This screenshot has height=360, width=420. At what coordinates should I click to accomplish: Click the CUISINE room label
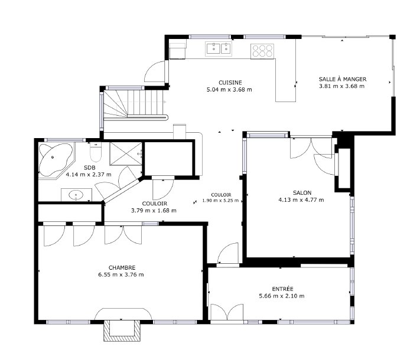pyautogui.click(x=229, y=83)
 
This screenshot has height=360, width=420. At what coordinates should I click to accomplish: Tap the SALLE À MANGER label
pyautogui.click(x=341, y=78)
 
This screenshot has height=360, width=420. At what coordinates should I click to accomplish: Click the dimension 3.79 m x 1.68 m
pyautogui.click(x=153, y=210)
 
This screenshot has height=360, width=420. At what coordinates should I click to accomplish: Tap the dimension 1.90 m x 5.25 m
pyautogui.click(x=220, y=200)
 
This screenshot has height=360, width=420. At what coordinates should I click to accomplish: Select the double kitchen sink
pyautogui.click(x=218, y=48)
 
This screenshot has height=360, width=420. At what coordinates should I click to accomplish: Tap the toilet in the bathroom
pyautogui.click(x=98, y=153)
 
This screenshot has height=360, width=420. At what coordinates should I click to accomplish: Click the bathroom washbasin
pyautogui.click(x=76, y=194)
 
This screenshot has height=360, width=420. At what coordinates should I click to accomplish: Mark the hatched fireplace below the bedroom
pyautogui.click(x=122, y=331)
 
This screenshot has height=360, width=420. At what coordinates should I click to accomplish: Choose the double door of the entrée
pyautogui.click(x=227, y=313)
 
